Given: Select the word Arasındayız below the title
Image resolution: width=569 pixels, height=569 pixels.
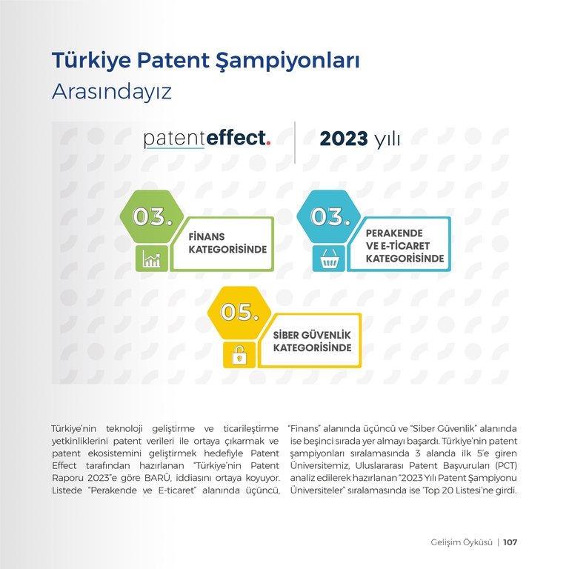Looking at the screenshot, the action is click(112, 92).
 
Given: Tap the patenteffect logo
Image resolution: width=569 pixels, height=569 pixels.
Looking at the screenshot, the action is click(207, 139).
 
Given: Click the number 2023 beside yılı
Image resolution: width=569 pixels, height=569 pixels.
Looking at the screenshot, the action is click(344, 139).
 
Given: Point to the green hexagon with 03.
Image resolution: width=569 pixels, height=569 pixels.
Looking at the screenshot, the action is click(152, 216).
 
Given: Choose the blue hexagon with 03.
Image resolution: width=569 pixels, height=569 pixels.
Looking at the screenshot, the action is click(329, 216).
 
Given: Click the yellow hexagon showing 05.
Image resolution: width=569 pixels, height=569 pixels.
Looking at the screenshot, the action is click(239, 313).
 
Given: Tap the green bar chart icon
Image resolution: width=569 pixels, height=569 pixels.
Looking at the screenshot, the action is click(152, 259).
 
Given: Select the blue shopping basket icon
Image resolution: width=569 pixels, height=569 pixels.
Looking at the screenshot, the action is click(329, 259).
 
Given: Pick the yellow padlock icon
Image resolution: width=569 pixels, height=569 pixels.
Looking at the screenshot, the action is click(239, 355).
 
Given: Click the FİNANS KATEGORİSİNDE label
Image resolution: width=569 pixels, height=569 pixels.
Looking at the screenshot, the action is click(227, 243).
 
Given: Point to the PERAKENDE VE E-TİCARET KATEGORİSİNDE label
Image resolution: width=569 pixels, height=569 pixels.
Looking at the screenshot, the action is click(405, 246).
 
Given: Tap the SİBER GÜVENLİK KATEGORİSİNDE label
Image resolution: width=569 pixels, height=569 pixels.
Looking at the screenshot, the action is click(312, 341).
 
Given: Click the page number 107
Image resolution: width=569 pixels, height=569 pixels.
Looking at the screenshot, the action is click(510, 542).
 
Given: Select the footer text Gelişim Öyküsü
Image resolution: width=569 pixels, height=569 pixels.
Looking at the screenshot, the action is click(462, 542).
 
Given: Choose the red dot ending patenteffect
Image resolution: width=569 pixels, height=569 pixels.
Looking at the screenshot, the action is click(268, 143).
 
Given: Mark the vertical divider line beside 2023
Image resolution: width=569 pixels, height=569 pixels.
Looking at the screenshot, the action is click(295, 142).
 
